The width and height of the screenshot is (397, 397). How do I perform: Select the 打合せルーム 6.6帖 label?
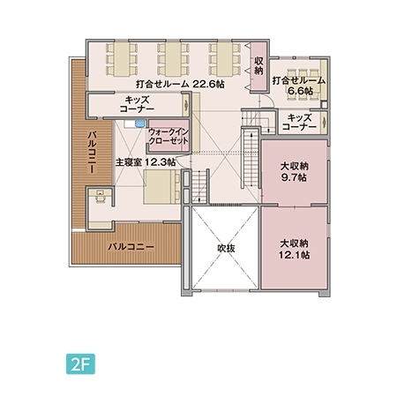299,85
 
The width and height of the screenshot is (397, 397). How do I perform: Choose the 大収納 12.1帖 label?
294,249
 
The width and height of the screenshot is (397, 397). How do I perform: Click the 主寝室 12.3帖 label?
145,162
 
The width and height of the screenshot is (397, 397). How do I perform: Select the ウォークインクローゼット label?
167,136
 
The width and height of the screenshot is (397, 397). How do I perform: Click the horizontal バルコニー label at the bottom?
131,248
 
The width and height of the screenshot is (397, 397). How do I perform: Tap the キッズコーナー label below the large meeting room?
141,106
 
